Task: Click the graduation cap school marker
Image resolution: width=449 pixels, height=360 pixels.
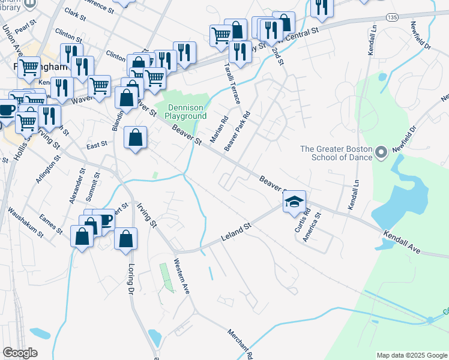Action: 295,202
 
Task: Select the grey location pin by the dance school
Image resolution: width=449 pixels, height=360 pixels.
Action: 381,154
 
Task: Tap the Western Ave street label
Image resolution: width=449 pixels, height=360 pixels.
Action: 181,275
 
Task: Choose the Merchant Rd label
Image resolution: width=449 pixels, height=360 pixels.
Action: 240,344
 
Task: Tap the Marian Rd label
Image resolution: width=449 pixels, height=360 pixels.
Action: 218,130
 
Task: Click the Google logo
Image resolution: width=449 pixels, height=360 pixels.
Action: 20,353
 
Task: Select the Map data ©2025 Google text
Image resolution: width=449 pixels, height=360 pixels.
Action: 411,355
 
